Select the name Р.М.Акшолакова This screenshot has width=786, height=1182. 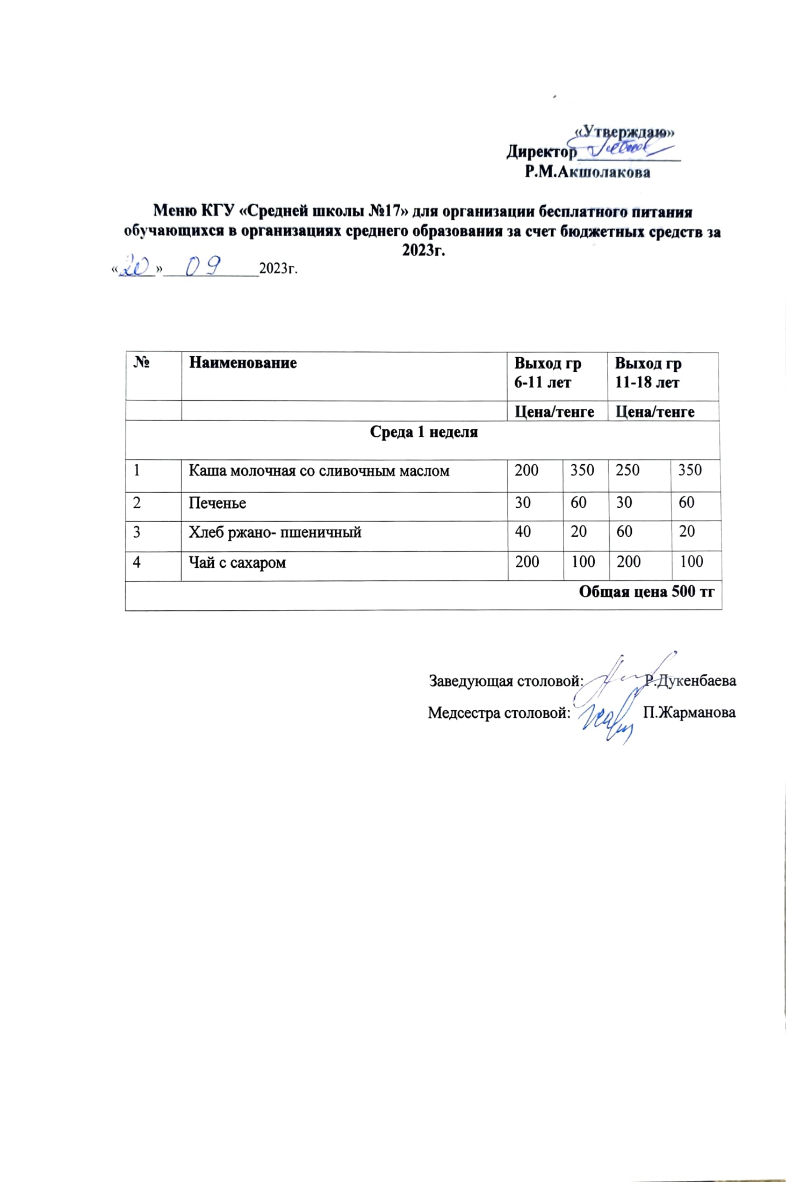point(587,172)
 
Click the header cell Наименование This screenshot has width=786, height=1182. point(242,363)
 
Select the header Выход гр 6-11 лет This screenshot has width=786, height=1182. point(547,373)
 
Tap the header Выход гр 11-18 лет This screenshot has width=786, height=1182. point(647,373)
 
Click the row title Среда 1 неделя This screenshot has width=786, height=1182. point(423,433)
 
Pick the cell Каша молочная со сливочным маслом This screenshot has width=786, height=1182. point(319,471)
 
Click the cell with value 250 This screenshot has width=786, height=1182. point(627,470)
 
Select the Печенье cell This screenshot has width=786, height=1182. point(217,503)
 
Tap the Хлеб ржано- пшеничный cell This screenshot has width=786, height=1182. point(275,532)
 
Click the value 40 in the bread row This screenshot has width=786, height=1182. point(522,531)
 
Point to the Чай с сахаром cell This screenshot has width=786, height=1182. point(237,563)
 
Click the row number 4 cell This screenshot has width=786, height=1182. point(137,563)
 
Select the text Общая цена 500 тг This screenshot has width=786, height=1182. point(646,592)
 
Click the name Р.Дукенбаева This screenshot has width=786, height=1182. point(690,681)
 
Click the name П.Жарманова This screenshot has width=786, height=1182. point(689,712)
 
